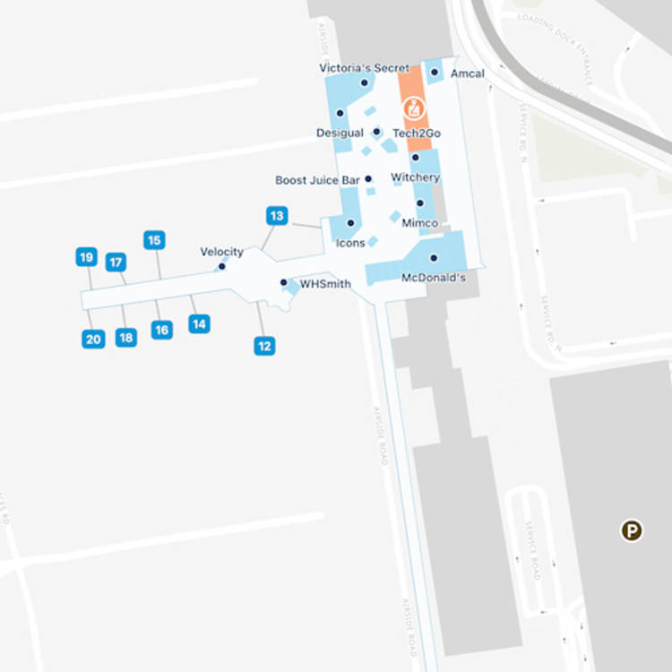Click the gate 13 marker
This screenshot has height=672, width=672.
point(277,216)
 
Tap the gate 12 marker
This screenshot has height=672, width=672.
point(263,346)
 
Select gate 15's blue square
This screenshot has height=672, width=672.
point(154,240)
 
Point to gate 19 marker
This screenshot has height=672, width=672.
point(86,258)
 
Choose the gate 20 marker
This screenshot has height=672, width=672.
point(93,339)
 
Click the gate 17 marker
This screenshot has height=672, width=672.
point(116,263)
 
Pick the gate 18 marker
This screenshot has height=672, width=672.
point(126,338)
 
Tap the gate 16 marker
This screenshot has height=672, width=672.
point(161,330)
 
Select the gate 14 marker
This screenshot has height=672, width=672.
point(199,323)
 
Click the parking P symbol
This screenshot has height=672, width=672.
point(632,531)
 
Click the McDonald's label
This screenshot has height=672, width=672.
point(434,278)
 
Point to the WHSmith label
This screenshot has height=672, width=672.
point(324,284)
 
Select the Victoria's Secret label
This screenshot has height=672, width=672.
point(364,68)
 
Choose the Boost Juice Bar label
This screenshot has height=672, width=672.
point(317,180)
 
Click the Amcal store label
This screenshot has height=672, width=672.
point(467,73)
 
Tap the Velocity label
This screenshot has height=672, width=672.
point(221,252)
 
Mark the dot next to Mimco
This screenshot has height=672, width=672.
point(419,203)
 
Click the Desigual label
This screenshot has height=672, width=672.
point(340,133)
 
